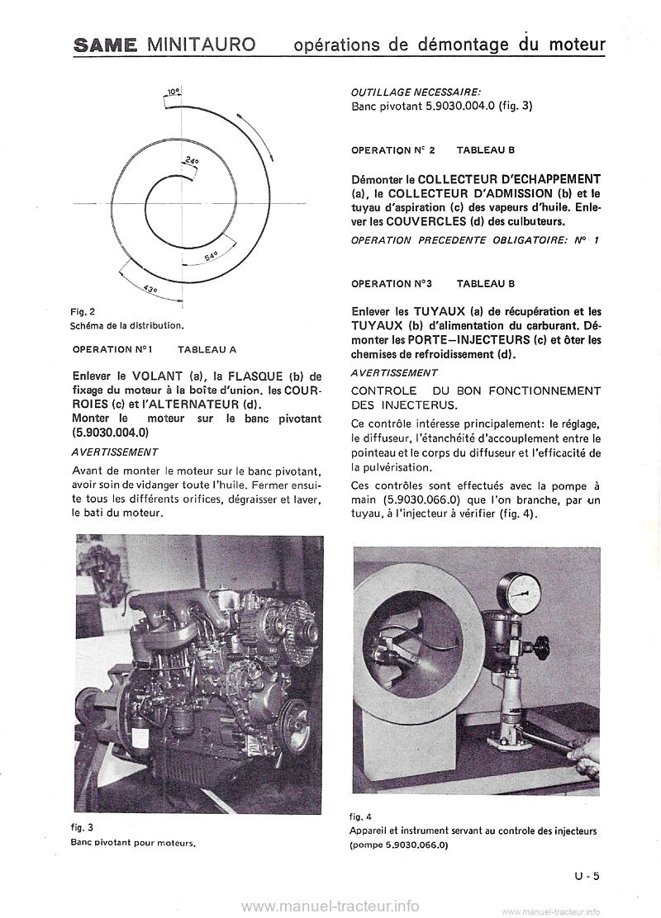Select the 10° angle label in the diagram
[x=172, y=93]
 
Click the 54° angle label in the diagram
[x=211, y=257]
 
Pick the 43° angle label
[x=150, y=288]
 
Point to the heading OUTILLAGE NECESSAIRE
[x=415, y=92]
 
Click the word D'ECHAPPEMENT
[x=549, y=179]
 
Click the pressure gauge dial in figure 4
[x=521, y=587]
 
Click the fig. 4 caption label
[x=361, y=818]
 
